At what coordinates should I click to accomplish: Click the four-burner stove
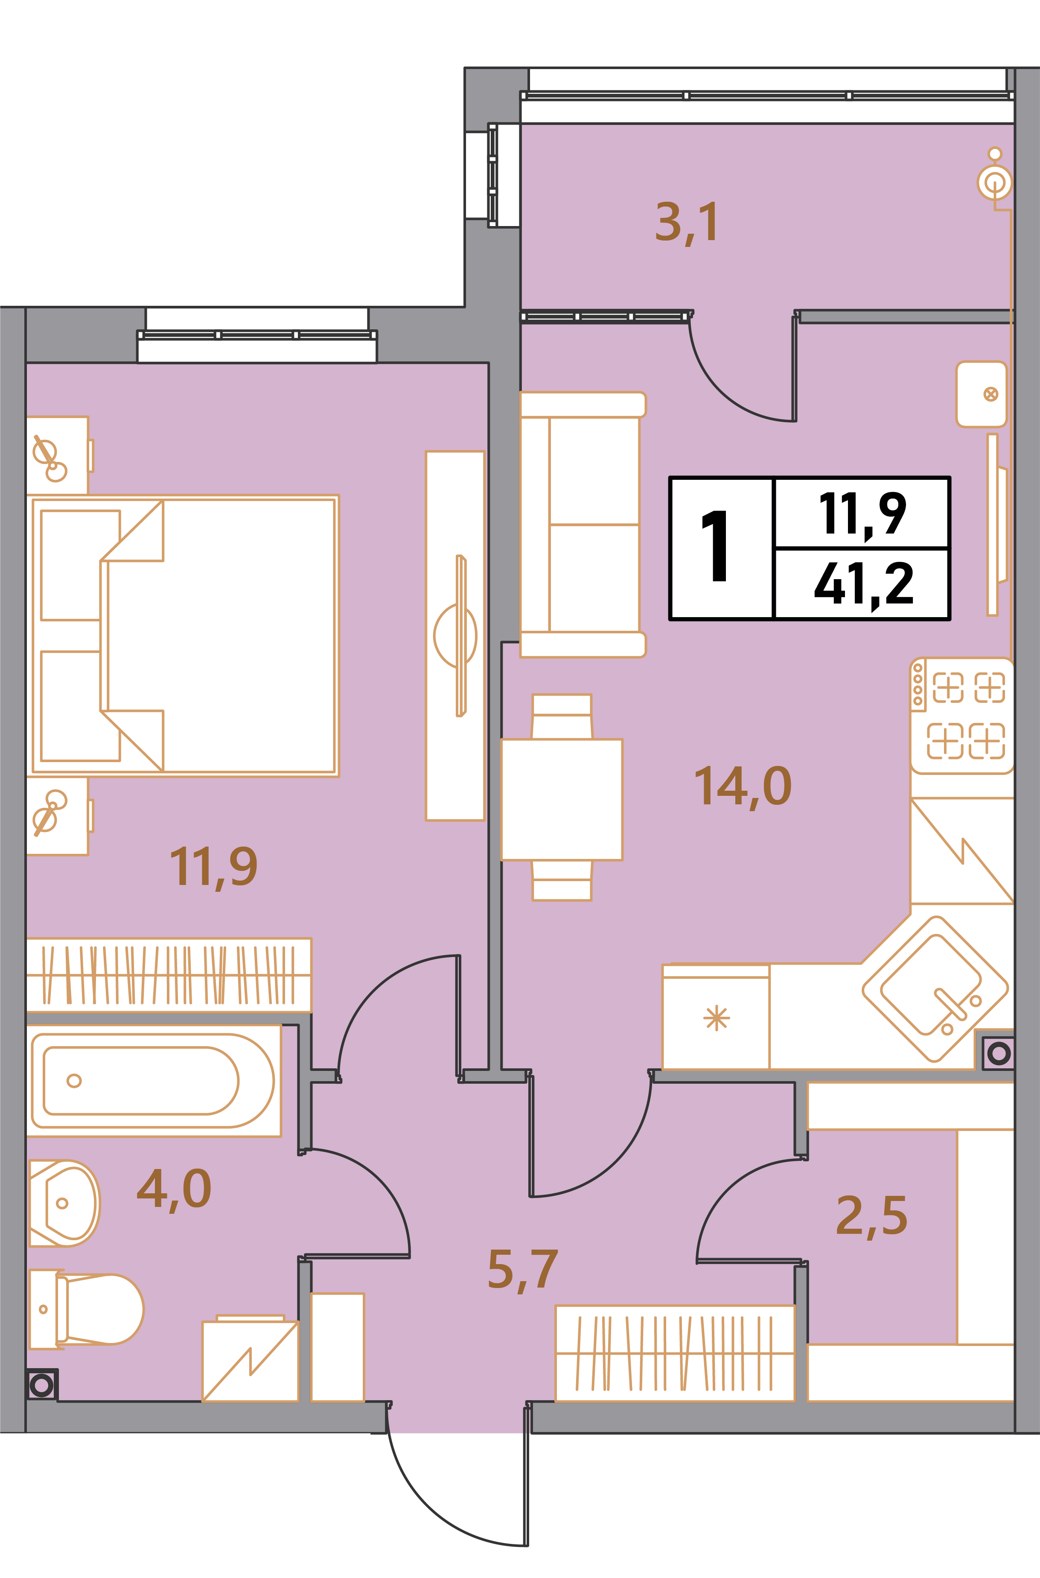point(962,716)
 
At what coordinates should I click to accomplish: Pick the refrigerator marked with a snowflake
point(717,1016)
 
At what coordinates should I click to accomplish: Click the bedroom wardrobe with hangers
point(169,975)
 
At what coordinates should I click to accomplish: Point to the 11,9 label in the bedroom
point(213,867)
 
